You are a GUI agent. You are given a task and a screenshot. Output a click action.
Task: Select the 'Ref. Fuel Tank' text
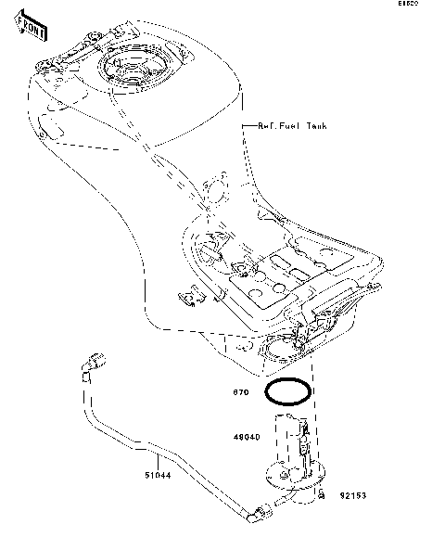[x=292, y=125]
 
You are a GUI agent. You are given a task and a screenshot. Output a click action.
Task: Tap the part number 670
[x=240, y=392]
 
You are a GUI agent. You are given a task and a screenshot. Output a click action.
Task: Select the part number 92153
[x=352, y=495]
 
